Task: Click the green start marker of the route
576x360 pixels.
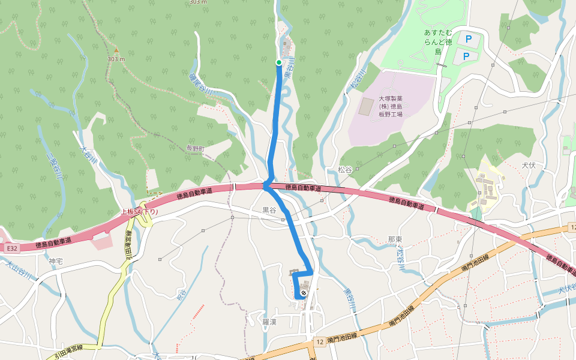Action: [279, 62]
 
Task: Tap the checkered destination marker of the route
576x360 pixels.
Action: [304, 293]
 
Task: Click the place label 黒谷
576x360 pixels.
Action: [269, 211]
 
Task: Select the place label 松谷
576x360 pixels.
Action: [344, 170]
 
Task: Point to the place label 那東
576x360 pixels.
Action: [395, 239]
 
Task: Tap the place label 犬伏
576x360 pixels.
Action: [528, 165]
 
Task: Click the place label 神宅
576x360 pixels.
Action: [56, 262]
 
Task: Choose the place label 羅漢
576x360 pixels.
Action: [269, 322]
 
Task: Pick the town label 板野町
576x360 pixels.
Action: [196, 148]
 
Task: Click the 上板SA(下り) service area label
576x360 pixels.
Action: [140, 212]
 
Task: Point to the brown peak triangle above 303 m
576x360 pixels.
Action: [116, 50]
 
